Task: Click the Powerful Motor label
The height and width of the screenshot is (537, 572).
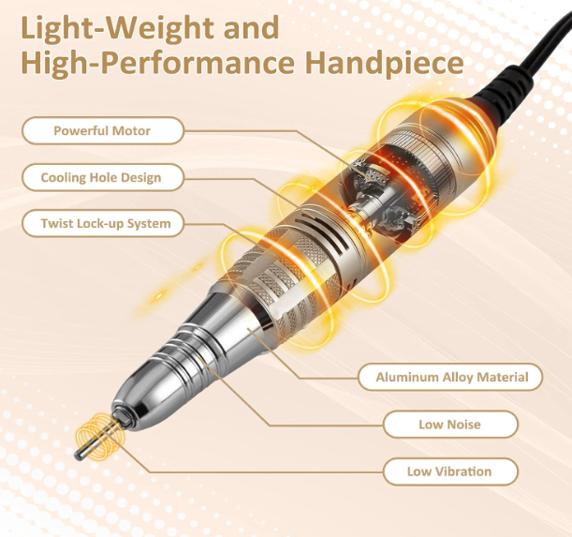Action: [102, 130]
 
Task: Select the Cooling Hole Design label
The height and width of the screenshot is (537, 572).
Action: [102, 177]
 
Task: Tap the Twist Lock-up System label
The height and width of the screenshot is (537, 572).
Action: [102, 223]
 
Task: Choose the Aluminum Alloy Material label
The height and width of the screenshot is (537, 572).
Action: [450, 377]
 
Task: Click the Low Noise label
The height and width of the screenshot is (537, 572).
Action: [450, 425]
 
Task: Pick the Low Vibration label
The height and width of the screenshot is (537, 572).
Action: [450, 471]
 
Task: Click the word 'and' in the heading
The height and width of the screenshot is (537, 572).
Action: [251, 27]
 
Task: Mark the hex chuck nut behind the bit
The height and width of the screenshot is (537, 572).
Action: [123, 418]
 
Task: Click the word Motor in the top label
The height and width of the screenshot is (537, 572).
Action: [131, 130]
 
